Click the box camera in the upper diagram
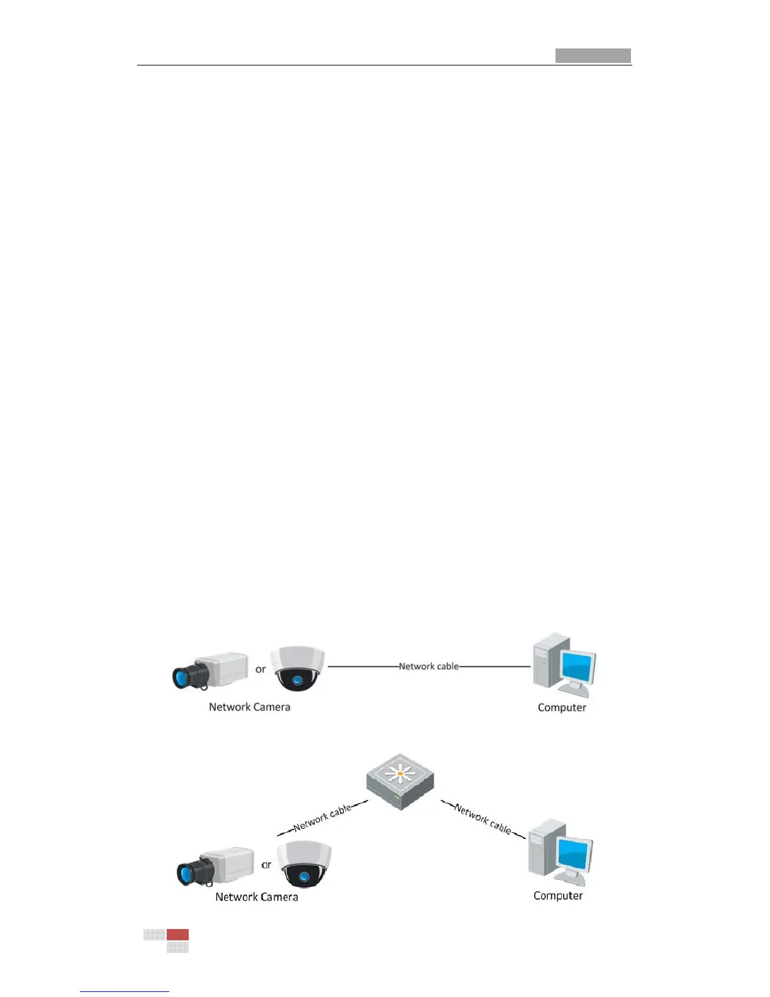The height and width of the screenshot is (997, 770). (211, 671)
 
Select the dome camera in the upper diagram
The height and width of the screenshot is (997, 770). (299, 669)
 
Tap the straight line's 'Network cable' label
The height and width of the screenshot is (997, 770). (429, 666)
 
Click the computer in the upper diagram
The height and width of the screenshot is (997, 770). (564, 666)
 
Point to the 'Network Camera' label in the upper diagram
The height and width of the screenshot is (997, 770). (249, 707)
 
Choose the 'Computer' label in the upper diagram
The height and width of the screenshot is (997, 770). (562, 707)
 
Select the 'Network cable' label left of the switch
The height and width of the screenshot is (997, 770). (322, 818)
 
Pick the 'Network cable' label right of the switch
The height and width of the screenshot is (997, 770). (483, 819)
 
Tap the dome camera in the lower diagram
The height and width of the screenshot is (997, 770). (305, 864)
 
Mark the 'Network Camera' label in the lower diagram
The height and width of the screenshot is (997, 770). (257, 897)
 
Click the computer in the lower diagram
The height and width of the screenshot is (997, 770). (560, 852)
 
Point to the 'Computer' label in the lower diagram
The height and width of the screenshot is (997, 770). (558, 896)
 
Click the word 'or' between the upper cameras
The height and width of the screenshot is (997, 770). (260, 669)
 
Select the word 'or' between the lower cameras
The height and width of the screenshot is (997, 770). (267, 865)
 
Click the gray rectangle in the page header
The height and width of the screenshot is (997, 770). (593, 55)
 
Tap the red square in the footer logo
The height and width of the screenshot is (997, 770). (177, 935)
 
